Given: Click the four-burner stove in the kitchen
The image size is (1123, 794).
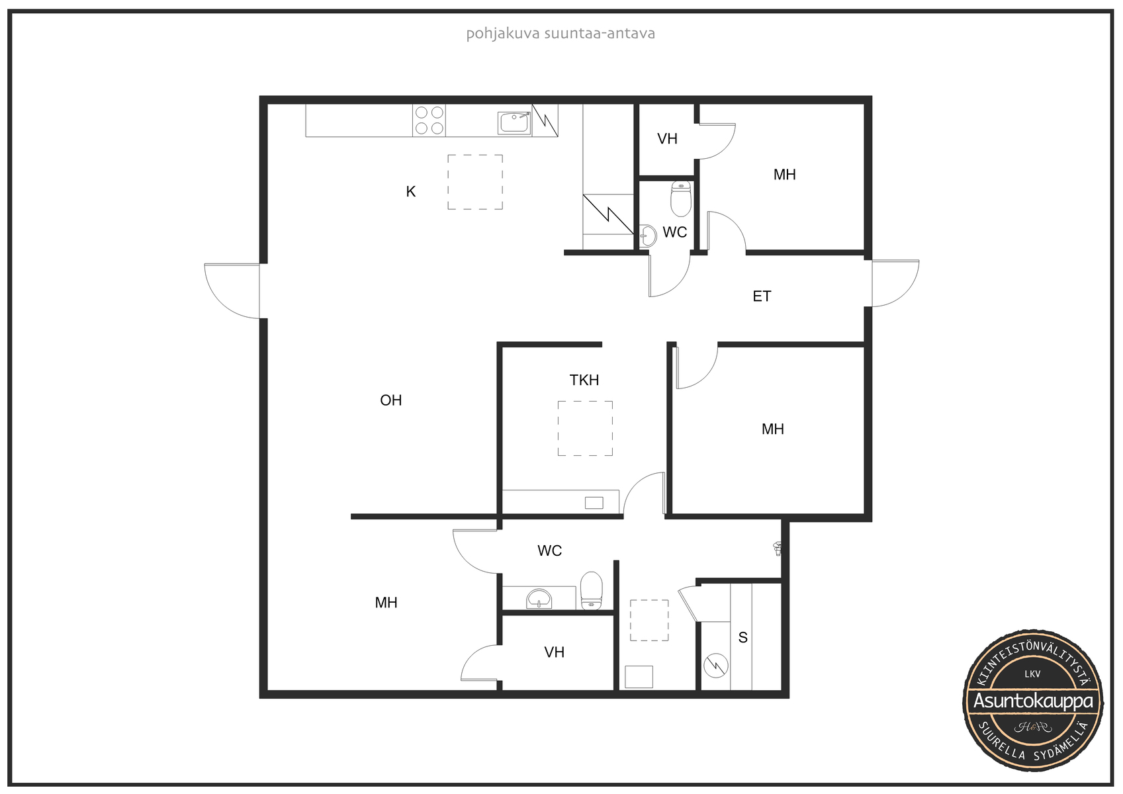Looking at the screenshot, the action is point(429,120).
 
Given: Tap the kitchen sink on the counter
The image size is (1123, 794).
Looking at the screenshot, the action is point(514,123).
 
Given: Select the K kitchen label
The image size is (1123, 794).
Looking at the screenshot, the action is point(410,191).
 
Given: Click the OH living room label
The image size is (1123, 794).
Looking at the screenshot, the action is point(391,400).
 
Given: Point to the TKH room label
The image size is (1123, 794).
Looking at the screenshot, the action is point(584,380).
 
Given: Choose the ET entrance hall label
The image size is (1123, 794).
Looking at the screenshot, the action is point(762,296).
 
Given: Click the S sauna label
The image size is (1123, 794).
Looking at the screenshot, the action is point(743,638).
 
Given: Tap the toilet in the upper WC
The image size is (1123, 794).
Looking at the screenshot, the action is point(681,198).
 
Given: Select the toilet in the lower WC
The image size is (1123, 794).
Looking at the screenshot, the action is point(591,590).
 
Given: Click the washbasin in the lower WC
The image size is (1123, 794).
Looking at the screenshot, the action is point(539,599).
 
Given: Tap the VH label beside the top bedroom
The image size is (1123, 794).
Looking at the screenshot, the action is point(667,139).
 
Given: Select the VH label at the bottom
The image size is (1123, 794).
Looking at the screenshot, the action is point(554,652).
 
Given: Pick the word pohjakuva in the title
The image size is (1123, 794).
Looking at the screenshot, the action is point(496,34).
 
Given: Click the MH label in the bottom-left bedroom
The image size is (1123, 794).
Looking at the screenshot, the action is point(386,603).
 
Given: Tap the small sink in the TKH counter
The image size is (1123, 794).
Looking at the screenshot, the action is point(594,503).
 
